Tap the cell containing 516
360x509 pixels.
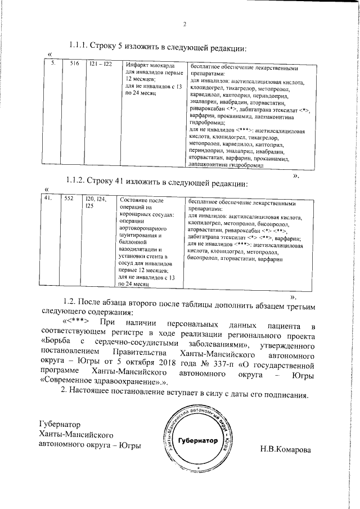pos(74,64)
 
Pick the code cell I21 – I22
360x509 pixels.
pos(101,64)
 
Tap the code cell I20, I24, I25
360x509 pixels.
pos(95,202)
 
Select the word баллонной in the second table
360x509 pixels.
pos(131,244)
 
